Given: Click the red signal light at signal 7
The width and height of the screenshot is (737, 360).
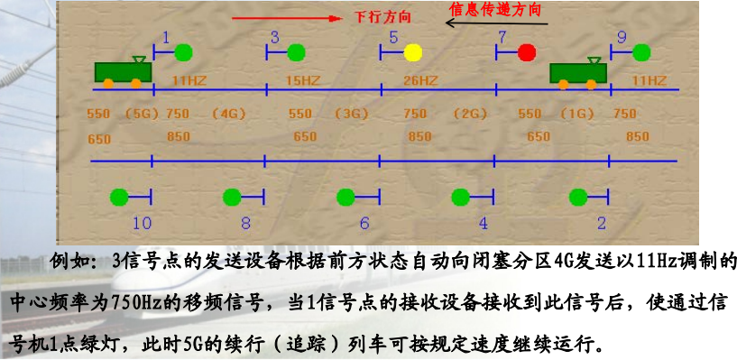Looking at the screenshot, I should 528,52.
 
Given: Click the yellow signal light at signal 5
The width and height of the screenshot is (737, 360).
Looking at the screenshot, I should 413,52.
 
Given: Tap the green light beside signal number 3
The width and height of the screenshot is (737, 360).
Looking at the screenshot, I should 297,52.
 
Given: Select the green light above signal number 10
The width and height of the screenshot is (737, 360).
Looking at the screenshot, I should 119,196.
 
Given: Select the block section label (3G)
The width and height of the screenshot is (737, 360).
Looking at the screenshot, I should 353,114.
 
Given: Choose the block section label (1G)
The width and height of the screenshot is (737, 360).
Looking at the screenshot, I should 578,114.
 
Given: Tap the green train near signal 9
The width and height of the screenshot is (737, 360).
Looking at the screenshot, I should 576,72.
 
